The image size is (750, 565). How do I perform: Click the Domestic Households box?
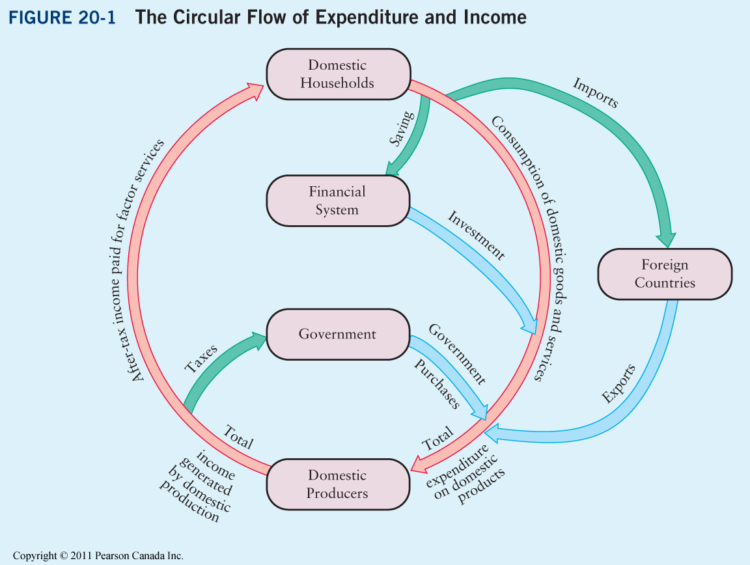(337, 74)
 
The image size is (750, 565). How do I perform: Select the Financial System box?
(337, 200)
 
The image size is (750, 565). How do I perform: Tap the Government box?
(337, 334)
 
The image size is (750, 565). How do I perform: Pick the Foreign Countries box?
(665, 273)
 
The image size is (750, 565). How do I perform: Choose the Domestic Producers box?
(337, 484)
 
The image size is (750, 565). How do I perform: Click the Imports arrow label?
(595, 93)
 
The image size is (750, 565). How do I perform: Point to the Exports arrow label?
(618, 384)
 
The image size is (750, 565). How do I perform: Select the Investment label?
(476, 234)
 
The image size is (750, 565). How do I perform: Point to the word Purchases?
(437, 383)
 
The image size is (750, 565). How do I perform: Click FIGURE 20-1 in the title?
(62, 18)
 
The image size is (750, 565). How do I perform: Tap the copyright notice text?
(98, 555)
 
